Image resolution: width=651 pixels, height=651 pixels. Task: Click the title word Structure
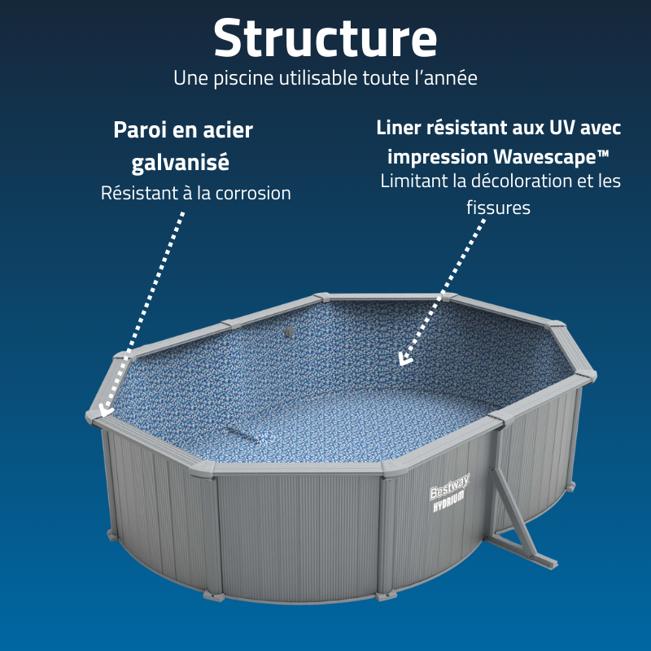coord(325,37)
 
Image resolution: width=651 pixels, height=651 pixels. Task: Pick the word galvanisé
coord(181,162)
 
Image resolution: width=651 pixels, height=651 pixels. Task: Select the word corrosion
coord(247,194)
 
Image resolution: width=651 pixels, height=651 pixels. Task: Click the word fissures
coord(499,208)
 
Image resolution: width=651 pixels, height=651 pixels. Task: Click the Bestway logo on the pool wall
coord(447,492)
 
